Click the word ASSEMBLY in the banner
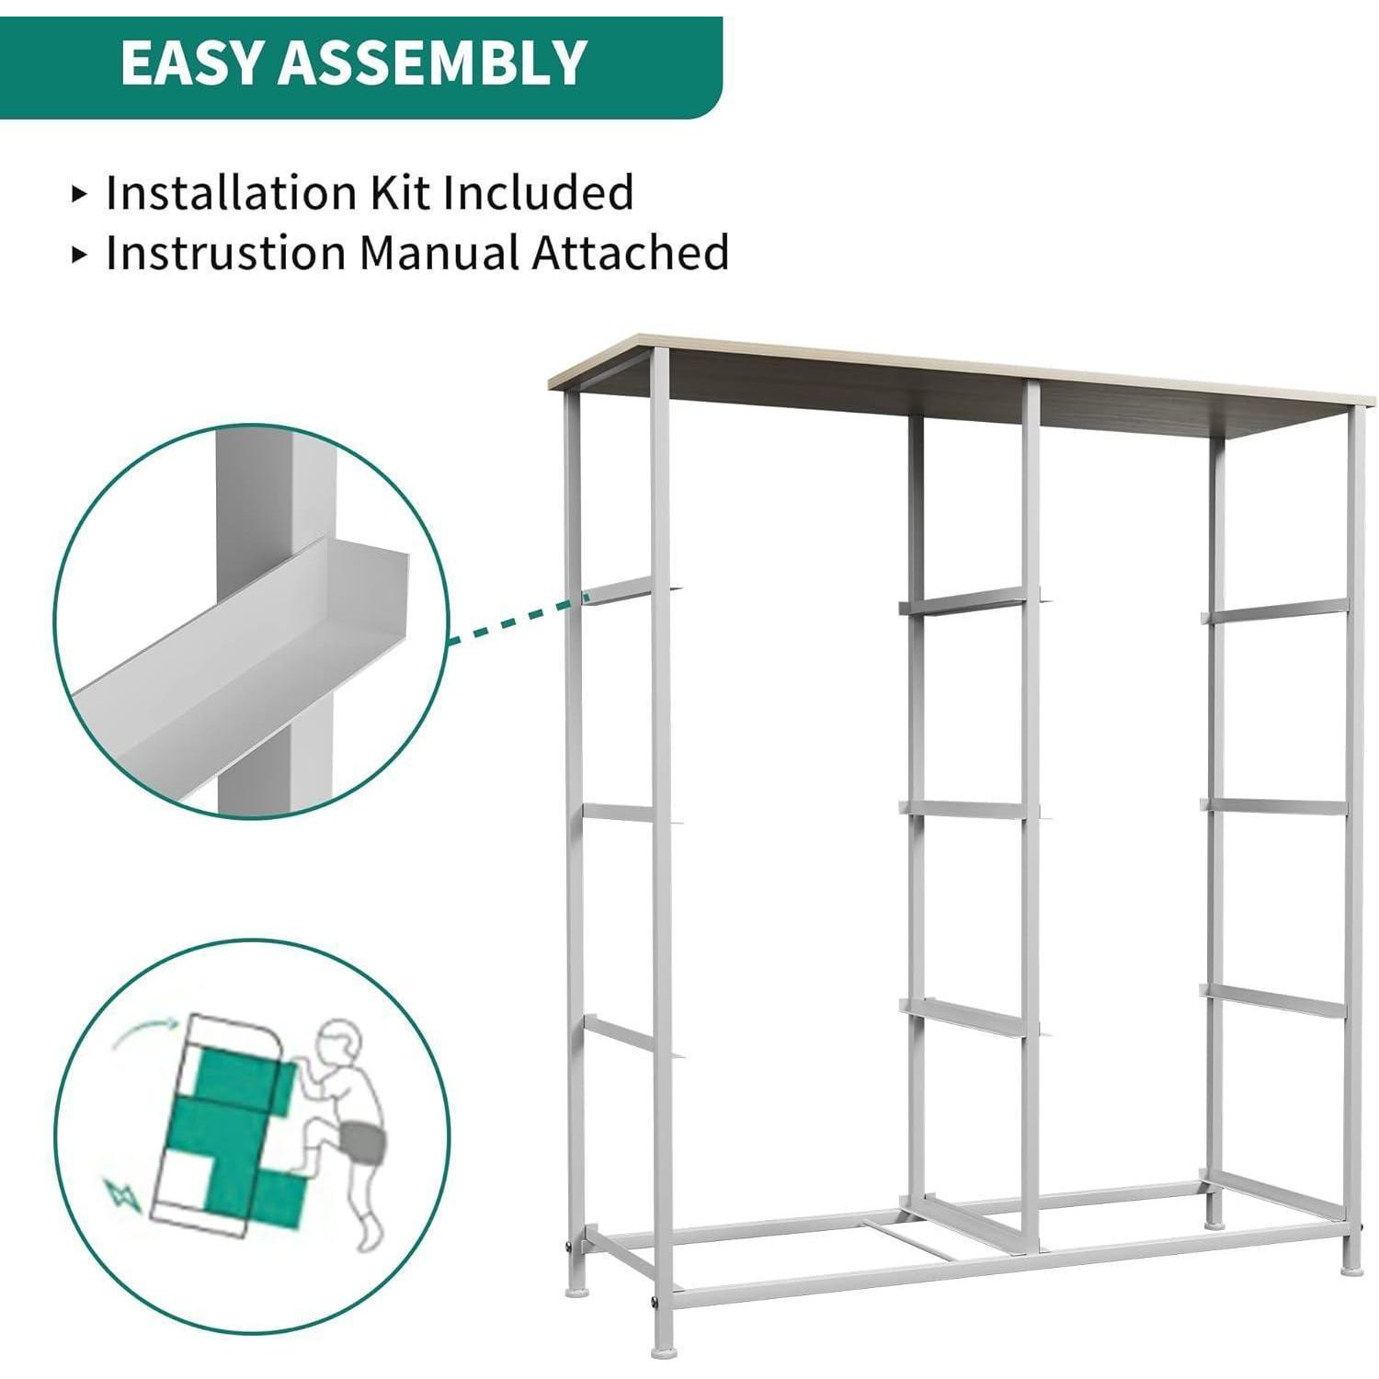(x=432, y=63)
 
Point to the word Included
(x=539, y=193)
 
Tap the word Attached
(x=632, y=253)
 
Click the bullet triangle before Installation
(x=80, y=194)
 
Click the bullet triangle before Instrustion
(x=80, y=255)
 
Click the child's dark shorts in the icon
(x=361, y=1142)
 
